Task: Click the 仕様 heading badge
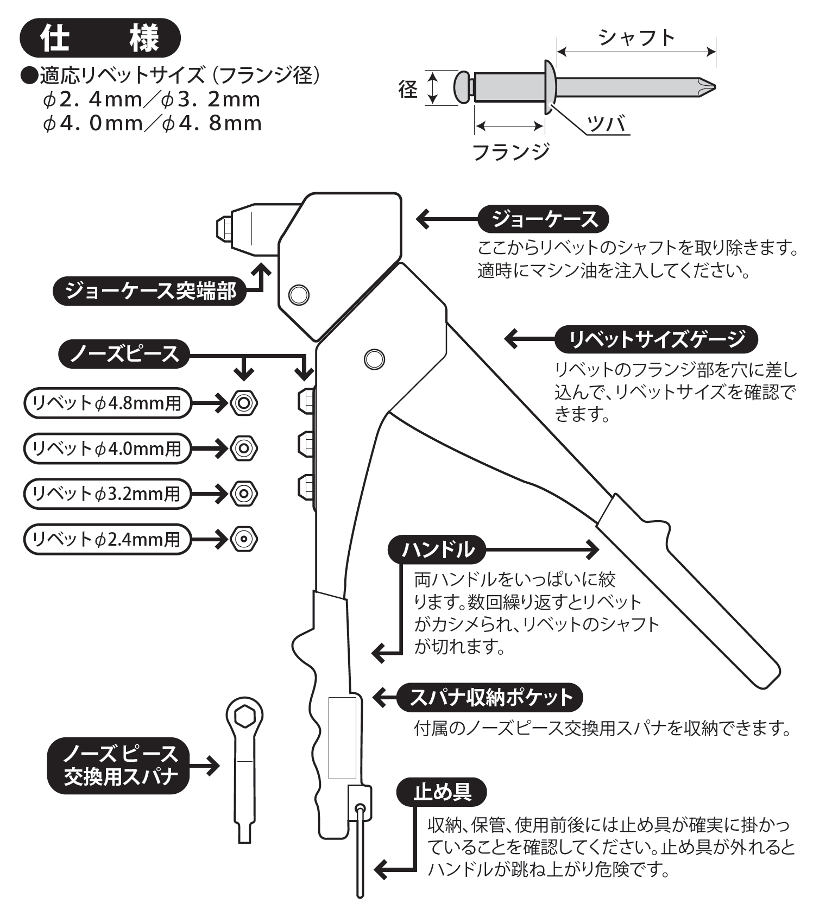click(x=100, y=39)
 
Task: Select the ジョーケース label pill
click(x=543, y=219)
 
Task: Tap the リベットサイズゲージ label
click(x=656, y=339)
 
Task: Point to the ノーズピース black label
click(x=124, y=354)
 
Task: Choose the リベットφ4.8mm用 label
click(x=108, y=403)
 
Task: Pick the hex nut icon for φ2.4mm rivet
click(x=244, y=539)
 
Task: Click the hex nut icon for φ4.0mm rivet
click(x=244, y=448)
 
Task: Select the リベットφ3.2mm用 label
click(x=108, y=494)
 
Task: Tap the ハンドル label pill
click(x=437, y=549)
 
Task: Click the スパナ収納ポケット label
click(x=490, y=697)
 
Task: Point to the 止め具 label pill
click(x=442, y=792)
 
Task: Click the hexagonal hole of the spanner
click(x=245, y=717)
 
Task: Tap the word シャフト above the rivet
click(x=636, y=37)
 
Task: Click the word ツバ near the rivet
click(x=606, y=124)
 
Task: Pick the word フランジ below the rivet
click(x=511, y=151)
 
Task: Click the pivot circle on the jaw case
click(x=298, y=294)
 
